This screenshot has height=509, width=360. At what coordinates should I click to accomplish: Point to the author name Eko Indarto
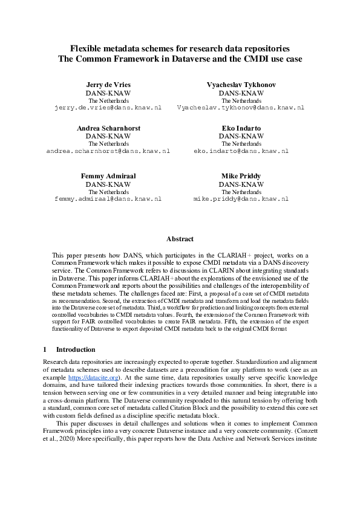241,128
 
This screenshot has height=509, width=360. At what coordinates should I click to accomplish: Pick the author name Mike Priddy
241,176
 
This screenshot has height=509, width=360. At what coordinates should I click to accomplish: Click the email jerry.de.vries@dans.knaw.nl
108,107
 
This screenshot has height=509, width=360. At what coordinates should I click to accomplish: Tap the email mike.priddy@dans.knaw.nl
241,198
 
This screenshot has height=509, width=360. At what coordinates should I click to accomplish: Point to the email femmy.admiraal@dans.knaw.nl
108,198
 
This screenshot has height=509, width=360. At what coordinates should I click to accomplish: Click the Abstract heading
180,239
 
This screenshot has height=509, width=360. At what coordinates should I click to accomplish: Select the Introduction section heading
76,349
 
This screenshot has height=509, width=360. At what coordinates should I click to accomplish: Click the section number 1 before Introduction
45,349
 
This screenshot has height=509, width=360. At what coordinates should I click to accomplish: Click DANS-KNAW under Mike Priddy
241,184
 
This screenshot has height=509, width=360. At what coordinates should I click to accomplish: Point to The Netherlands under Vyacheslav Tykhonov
241,100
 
